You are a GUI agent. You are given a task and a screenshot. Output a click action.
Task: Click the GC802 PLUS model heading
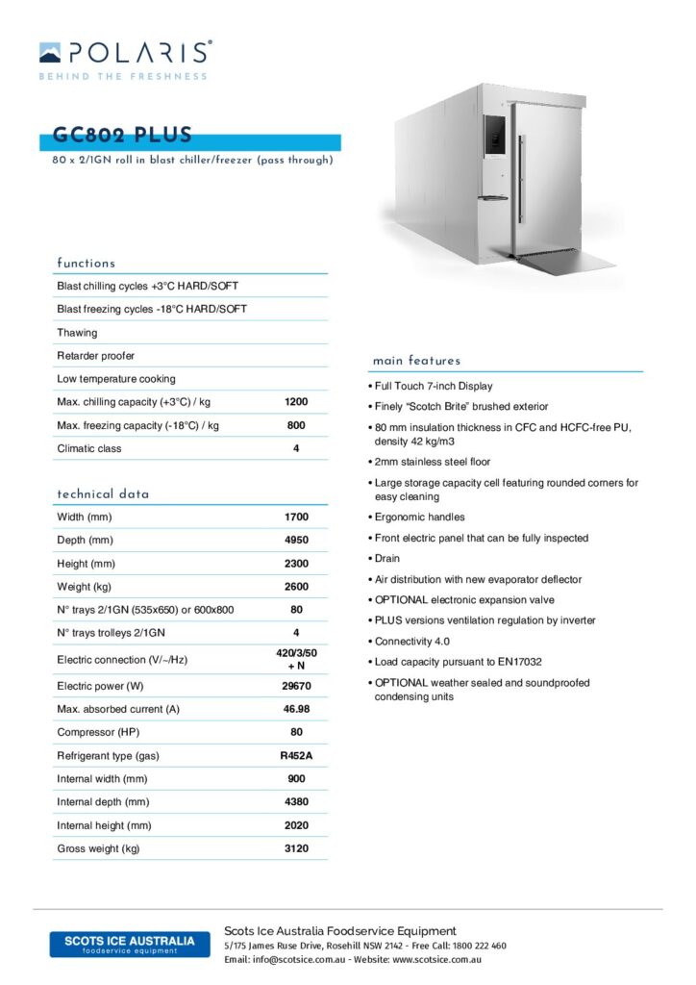tap(123, 136)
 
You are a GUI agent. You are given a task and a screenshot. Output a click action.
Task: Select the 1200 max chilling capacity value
tap(296, 402)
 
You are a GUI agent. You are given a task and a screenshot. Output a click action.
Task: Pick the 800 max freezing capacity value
tap(296, 425)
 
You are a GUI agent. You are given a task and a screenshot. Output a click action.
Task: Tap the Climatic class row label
tap(89, 448)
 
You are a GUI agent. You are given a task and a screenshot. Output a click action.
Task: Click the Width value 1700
tap(296, 518)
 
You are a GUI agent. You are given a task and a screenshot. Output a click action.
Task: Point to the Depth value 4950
tap(296, 541)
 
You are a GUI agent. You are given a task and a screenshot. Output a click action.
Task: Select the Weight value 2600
tap(296, 587)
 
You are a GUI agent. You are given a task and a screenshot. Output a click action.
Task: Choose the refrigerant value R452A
tap(296, 756)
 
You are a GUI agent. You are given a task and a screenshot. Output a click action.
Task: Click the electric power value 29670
tap(296, 687)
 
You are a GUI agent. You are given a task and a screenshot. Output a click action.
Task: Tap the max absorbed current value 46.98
tap(296, 710)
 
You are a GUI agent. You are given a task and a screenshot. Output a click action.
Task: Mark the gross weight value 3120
tap(296, 848)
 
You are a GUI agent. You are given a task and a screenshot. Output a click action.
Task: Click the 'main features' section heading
tap(416, 361)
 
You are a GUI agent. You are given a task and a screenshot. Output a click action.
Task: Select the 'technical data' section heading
tap(103, 493)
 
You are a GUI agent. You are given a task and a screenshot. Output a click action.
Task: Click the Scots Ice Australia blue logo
tap(130, 944)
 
